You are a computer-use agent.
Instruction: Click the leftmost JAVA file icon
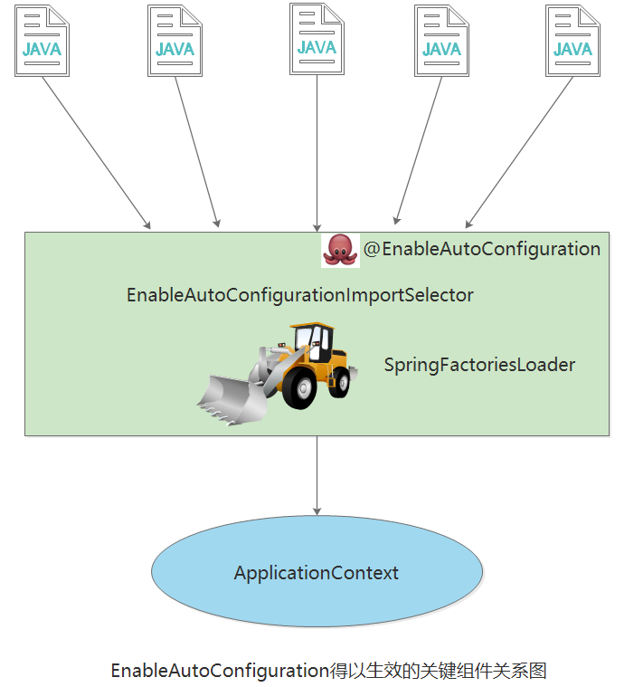(x=42, y=42)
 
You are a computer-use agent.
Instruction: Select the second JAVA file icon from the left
(x=175, y=42)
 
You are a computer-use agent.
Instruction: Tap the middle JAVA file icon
(x=317, y=39)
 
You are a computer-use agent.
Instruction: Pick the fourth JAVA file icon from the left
(x=441, y=42)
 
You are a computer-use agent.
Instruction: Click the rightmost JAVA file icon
(x=572, y=42)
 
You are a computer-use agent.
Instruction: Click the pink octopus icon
(x=340, y=249)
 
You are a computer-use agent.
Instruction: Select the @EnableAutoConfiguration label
(x=481, y=249)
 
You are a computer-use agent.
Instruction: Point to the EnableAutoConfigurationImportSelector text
(x=299, y=295)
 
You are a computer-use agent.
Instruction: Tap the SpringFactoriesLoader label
(x=479, y=365)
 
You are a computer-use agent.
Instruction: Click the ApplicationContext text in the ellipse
(x=317, y=573)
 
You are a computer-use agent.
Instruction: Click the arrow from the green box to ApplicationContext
(x=317, y=475)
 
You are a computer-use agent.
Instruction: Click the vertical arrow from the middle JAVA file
(x=317, y=154)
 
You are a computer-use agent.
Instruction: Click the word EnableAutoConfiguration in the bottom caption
(x=217, y=671)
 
